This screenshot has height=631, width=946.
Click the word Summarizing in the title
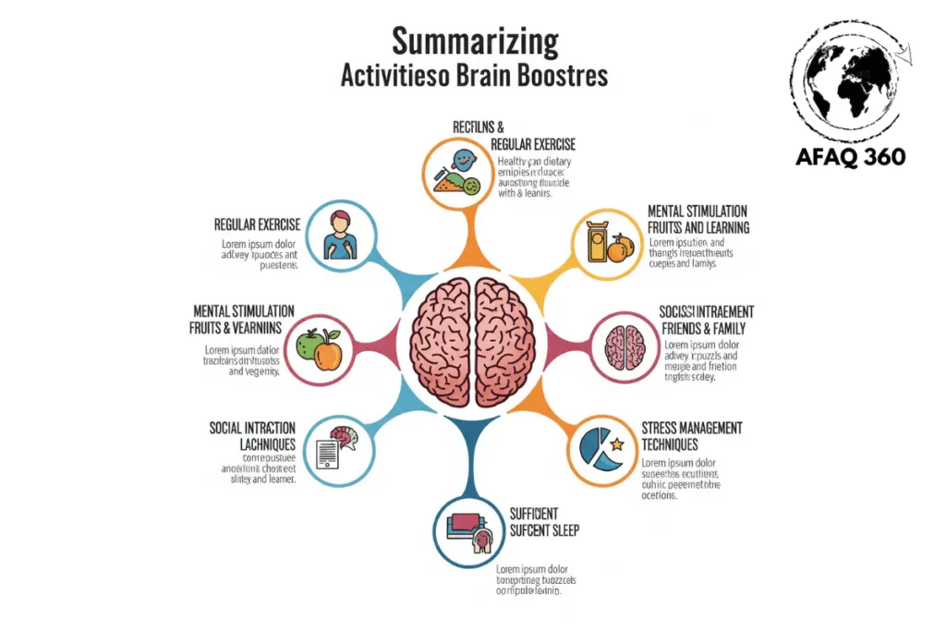coord(475,42)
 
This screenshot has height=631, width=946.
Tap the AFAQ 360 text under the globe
coord(850,156)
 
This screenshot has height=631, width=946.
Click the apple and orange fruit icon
coord(318,348)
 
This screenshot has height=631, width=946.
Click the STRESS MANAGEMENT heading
coord(692,428)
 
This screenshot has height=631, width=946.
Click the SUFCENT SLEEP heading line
coord(544,530)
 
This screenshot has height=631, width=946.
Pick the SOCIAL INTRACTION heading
coord(252,428)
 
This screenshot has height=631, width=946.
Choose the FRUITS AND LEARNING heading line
coord(697,227)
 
